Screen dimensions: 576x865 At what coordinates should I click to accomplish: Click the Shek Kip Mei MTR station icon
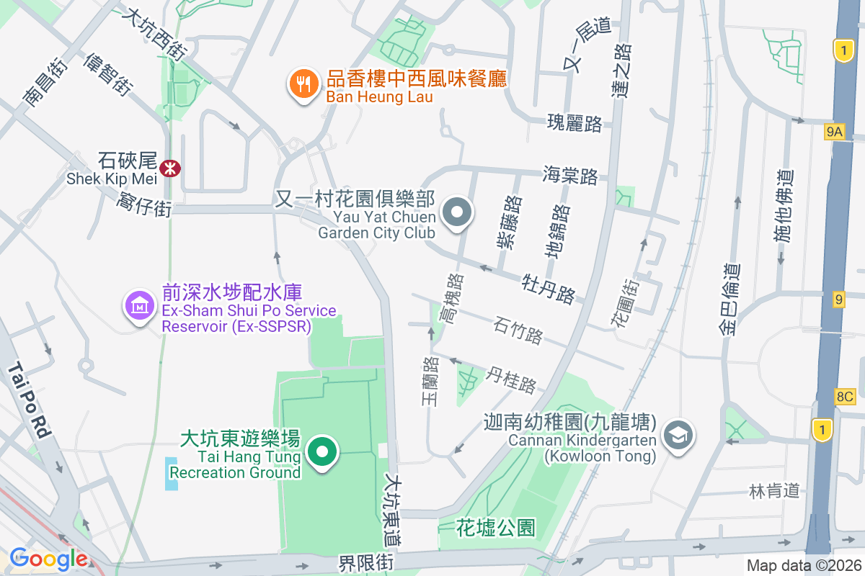coord(171,168)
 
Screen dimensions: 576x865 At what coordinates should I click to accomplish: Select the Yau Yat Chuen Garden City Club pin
coord(457,214)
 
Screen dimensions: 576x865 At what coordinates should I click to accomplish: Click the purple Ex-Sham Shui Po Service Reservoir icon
coord(140,307)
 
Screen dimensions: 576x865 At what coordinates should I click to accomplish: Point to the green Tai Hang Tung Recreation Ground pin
coord(322,453)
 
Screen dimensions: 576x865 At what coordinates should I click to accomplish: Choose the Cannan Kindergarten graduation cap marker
coord(678,435)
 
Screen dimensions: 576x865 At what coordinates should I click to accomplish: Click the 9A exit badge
coord(834,131)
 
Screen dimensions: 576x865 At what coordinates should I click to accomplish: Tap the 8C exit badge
coord(845,396)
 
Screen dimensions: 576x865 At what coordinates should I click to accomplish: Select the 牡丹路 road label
coord(549,287)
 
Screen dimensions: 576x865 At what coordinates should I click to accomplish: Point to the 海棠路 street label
coord(570,175)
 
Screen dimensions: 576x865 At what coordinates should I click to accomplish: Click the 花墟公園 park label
coord(496,528)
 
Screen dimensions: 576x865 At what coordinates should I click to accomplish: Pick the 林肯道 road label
coord(775,491)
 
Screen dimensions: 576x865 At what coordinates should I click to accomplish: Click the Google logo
coord(48,559)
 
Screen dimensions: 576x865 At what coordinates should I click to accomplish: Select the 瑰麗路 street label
coord(575,123)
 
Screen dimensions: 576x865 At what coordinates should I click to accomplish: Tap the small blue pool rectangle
coord(171,474)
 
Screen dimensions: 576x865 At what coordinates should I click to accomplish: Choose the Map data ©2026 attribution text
coord(803,566)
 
